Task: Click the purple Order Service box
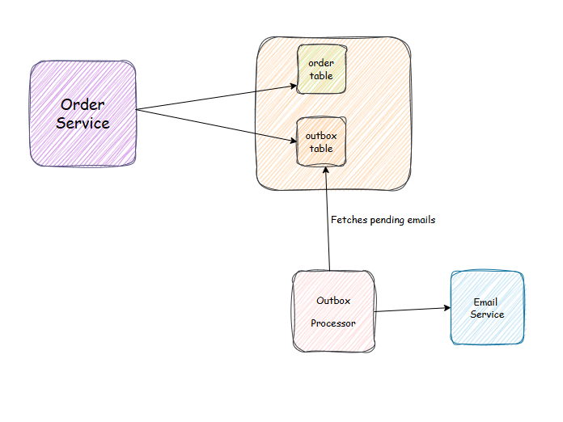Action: (x=83, y=114)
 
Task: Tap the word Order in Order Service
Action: (x=83, y=105)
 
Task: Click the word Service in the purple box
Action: (x=83, y=124)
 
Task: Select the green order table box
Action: (x=321, y=70)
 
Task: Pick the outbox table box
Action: (x=321, y=142)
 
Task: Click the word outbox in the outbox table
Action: (x=321, y=136)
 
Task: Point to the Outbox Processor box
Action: (x=333, y=311)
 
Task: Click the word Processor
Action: (x=333, y=323)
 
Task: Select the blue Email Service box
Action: (x=487, y=308)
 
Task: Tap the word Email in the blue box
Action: (x=486, y=302)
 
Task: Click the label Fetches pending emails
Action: (x=383, y=220)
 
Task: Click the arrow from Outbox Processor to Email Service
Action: (x=411, y=310)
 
